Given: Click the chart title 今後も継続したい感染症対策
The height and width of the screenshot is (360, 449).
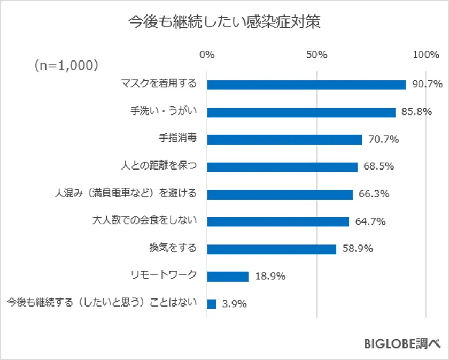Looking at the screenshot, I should (x=224, y=23).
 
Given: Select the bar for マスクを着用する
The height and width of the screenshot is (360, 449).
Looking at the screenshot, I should (x=306, y=85).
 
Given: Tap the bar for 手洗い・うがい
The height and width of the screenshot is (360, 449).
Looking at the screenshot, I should (x=301, y=112).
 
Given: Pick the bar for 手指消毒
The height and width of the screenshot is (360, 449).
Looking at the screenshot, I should (x=284, y=140).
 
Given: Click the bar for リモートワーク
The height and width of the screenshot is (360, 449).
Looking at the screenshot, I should (x=228, y=277).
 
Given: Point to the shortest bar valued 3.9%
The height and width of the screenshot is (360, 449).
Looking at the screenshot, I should (x=211, y=304).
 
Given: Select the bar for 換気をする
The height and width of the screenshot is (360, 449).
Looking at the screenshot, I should (x=272, y=249).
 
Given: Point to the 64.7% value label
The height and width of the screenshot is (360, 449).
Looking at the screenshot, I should (x=370, y=221).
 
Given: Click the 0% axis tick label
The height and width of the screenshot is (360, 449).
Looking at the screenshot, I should (x=206, y=55).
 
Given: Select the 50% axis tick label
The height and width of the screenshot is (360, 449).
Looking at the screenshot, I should (x=316, y=55).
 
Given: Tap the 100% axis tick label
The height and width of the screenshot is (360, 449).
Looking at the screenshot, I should (x=426, y=55).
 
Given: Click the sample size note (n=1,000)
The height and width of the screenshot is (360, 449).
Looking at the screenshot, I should (x=67, y=65).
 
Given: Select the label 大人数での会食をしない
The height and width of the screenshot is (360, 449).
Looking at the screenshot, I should (x=145, y=220).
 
